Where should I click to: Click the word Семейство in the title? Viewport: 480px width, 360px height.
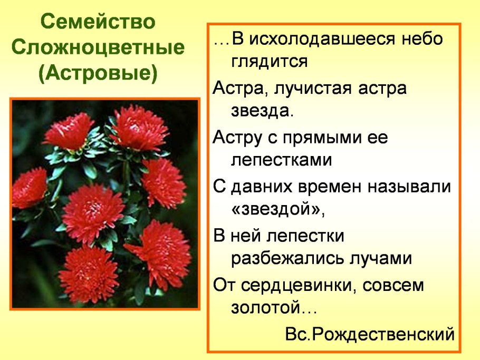click(99, 24)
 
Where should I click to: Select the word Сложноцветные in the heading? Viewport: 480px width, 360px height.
click(99, 48)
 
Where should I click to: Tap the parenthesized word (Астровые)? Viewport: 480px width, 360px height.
click(99, 73)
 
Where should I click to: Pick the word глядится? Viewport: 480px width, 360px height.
click(269, 62)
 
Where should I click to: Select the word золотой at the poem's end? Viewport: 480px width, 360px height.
click(265, 308)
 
